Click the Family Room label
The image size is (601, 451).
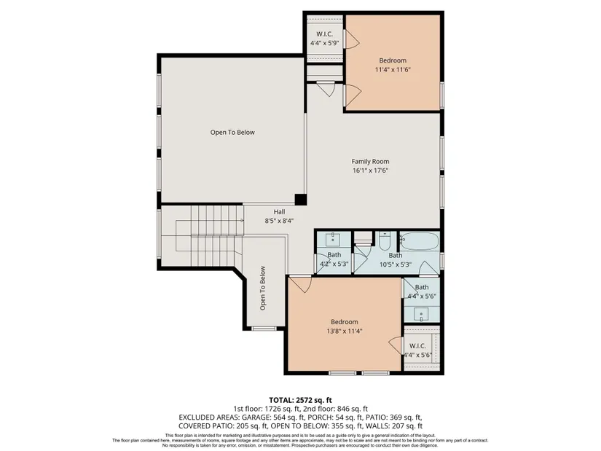tap(370, 162)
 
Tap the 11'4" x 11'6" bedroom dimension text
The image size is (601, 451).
tap(393, 69)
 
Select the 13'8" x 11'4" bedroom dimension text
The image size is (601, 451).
tap(344, 331)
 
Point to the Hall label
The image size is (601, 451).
tap(279, 212)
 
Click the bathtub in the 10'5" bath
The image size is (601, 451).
tap(420, 241)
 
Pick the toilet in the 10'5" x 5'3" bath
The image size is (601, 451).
tap(385, 241)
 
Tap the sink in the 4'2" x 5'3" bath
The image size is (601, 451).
tap(333, 239)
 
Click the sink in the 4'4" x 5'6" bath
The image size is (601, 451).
tap(421, 315)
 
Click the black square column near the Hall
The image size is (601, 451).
tap(300, 200)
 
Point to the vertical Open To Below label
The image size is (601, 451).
tap(263, 288)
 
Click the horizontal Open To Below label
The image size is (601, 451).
tap(232, 133)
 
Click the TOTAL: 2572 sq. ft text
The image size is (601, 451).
tap(300, 401)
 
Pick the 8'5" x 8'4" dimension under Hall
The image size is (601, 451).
tap(279, 221)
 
